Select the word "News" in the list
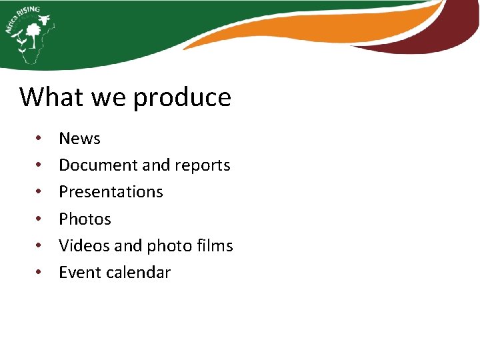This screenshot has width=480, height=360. tap(79, 139)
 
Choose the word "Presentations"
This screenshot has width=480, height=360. tap(111, 192)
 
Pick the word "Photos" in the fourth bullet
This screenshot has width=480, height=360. tap(85, 219)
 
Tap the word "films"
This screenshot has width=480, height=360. tap(215, 246)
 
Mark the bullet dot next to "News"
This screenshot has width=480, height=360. tap(40, 139)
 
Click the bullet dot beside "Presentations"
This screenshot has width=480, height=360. tap(40, 192)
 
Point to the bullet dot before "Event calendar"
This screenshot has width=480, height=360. tap(40, 273)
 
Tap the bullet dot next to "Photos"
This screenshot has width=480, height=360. tap(40, 219)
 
